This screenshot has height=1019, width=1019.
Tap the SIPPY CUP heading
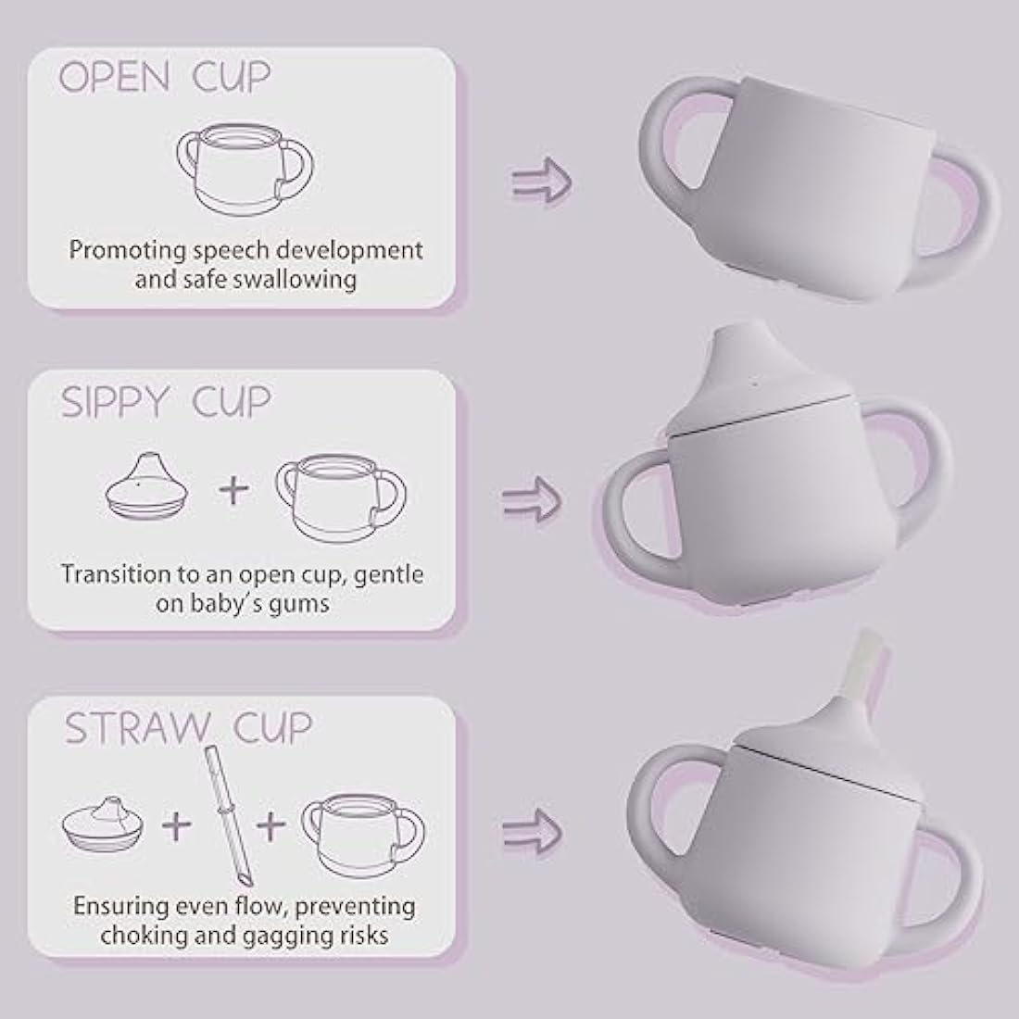click(x=166, y=402)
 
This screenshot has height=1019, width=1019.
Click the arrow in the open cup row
click(x=542, y=179)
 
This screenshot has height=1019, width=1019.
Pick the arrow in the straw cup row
click(x=533, y=823)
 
